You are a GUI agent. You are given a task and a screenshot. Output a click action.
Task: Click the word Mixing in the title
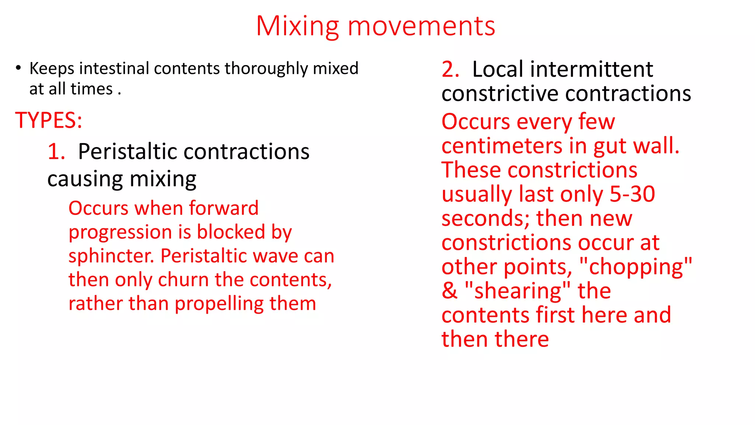pyautogui.click(x=297, y=27)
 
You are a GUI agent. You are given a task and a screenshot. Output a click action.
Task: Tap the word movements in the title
pyautogui.click(x=421, y=27)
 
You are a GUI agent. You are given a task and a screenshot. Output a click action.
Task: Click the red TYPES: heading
pyautogui.click(x=49, y=120)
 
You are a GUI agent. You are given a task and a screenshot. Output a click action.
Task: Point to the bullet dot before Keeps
pyautogui.click(x=18, y=68)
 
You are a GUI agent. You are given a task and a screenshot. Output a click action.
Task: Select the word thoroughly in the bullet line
pyautogui.click(x=267, y=69)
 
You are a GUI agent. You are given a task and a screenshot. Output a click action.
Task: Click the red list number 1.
pyautogui.click(x=56, y=152)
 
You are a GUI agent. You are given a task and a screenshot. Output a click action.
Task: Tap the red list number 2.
pyautogui.click(x=450, y=69)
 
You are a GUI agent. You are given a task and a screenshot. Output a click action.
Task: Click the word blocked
pyautogui.click(x=231, y=232)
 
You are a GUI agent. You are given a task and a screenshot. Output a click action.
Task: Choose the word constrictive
pyautogui.click(x=500, y=93)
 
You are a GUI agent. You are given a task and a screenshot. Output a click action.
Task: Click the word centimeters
pyautogui.click(x=502, y=146)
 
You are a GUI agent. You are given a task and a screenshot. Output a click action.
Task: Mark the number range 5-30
pyautogui.click(x=632, y=194)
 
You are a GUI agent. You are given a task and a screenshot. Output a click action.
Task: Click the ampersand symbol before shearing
pyautogui.click(x=449, y=291)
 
